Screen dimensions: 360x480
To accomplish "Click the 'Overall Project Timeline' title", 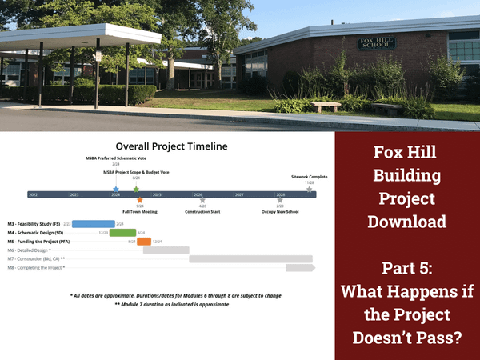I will (x=171, y=146).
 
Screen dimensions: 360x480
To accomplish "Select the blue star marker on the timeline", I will (x=116, y=189).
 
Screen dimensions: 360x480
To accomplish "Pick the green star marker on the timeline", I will (x=136, y=189).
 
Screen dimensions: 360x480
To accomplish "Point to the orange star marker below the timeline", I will (x=140, y=201).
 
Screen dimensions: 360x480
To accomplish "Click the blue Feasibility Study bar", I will (x=93, y=224).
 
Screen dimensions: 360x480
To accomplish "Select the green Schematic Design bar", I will (x=122, y=233).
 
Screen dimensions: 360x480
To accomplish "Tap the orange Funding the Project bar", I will (x=144, y=242).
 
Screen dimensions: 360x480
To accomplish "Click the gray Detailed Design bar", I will (x=166, y=250).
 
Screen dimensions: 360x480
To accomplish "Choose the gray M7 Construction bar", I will (x=250, y=259).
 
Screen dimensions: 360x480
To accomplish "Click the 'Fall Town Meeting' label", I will (x=139, y=212).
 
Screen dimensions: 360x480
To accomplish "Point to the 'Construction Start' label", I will (x=202, y=212).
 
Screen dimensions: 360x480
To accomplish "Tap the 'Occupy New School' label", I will (x=280, y=212).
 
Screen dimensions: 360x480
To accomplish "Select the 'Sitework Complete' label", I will (x=309, y=176).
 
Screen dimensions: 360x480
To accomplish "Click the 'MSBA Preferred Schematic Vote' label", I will (x=115, y=158).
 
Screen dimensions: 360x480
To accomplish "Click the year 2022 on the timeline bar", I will (x=33, y=194).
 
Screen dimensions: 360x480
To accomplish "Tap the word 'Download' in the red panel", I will (x=408, y=221).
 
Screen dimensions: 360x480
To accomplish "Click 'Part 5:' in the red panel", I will (x=408, y=264).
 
